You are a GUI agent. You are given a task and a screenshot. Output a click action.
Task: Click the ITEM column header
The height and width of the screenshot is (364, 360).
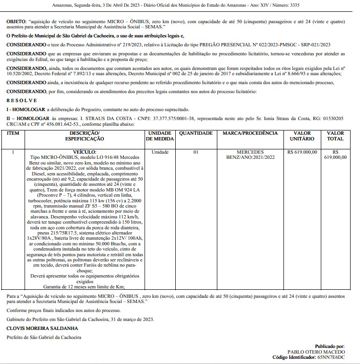(13, 133)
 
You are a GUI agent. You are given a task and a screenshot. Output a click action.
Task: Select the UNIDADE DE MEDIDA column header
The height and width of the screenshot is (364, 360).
(160, 136)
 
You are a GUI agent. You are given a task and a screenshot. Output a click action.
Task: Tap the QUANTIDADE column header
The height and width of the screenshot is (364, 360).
(196, 133)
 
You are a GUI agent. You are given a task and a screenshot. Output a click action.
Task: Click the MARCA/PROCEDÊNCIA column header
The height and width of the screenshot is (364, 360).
(250, 133)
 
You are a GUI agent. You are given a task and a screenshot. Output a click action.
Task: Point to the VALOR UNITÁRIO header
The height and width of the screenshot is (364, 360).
(302, 136)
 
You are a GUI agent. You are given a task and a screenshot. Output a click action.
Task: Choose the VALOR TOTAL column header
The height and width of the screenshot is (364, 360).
(335, 136)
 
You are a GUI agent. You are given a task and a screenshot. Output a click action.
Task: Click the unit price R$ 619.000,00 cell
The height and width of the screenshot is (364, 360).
(302, 152)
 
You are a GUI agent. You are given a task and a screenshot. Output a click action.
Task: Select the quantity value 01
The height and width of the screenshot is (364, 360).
(196, 152)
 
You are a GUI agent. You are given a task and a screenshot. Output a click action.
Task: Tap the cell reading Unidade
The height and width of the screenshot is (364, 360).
(160, 152)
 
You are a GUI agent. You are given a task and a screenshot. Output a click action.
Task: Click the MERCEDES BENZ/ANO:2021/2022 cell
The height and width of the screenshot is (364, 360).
(250, 155)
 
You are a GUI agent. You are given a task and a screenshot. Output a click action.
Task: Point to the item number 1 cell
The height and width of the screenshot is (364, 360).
(13, 152)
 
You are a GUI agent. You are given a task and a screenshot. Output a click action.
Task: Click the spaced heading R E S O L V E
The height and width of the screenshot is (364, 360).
(22, 101)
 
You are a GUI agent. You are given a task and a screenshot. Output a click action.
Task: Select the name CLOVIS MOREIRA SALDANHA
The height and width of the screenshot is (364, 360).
(42, 328)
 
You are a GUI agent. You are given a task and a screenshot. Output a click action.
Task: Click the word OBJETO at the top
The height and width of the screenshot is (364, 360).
(17, 22)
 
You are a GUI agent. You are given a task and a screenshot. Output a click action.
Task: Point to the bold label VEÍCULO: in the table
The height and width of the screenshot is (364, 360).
(85, 152)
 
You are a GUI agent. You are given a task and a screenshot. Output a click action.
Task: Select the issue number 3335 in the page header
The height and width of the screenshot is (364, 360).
(292, 5)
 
